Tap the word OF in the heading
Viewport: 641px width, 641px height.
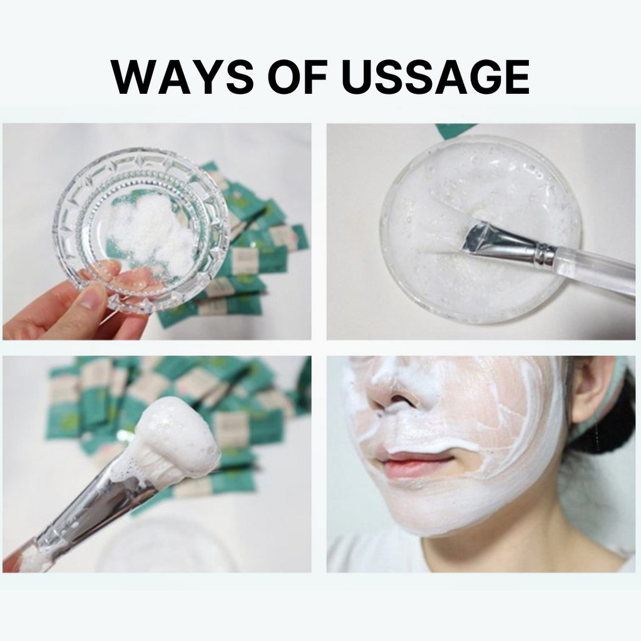point(298,77)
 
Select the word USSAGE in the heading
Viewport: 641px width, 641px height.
point(436,77)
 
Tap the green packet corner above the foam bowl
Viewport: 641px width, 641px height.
point(453,130)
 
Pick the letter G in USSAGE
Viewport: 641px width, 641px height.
point(479,77)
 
